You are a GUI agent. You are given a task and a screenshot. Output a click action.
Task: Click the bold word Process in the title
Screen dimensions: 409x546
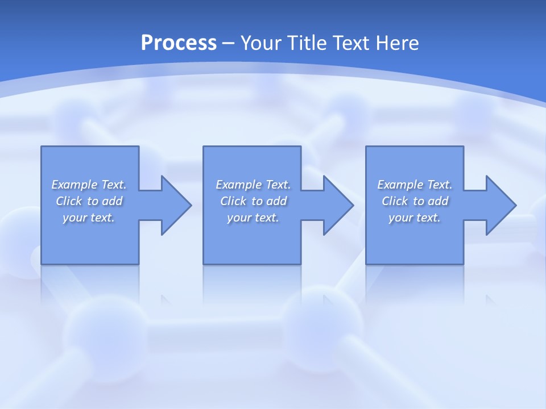[179, 43]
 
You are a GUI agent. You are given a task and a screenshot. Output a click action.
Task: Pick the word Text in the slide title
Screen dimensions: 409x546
[352, 43]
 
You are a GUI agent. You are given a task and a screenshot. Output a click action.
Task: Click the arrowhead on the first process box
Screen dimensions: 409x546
[174, 205]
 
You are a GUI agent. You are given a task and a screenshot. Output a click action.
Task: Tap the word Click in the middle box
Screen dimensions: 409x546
[233, 201]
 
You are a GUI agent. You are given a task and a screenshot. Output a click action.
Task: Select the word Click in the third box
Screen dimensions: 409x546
[394, 201]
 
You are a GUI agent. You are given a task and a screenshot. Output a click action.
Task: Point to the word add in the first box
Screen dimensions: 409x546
[113, 201]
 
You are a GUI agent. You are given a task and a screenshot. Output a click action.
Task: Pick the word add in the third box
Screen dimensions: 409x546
[439, 201]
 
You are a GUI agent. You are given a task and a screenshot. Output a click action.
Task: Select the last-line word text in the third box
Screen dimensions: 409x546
[428, 218]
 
